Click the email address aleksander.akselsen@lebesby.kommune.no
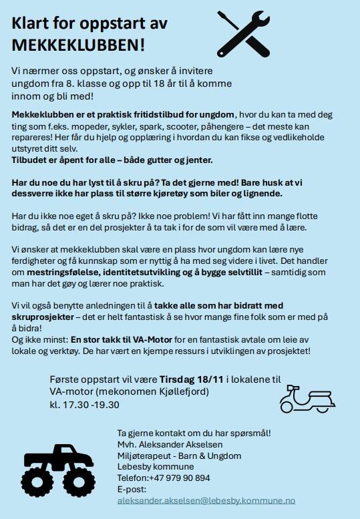point(206,500)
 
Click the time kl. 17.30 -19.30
point(85,404)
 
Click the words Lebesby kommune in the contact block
point(155,466)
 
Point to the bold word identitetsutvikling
point(149,273)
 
